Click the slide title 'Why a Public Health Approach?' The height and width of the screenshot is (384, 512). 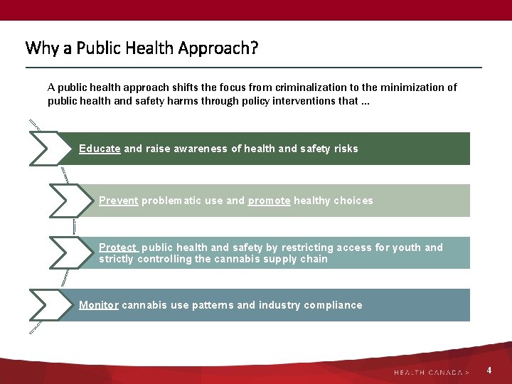(142, 48)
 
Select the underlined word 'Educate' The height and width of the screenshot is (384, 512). (100, 149)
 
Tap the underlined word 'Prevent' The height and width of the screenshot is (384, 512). (119, 201)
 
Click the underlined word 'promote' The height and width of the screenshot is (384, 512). (269, 201)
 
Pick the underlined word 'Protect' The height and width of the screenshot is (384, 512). (118, 247)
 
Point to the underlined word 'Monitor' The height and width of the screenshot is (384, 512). (99, 305)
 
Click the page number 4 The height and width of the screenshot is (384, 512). (489, 370)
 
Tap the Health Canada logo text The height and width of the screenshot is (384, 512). (431, 372)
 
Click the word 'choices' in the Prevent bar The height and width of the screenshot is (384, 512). (353, 201)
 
